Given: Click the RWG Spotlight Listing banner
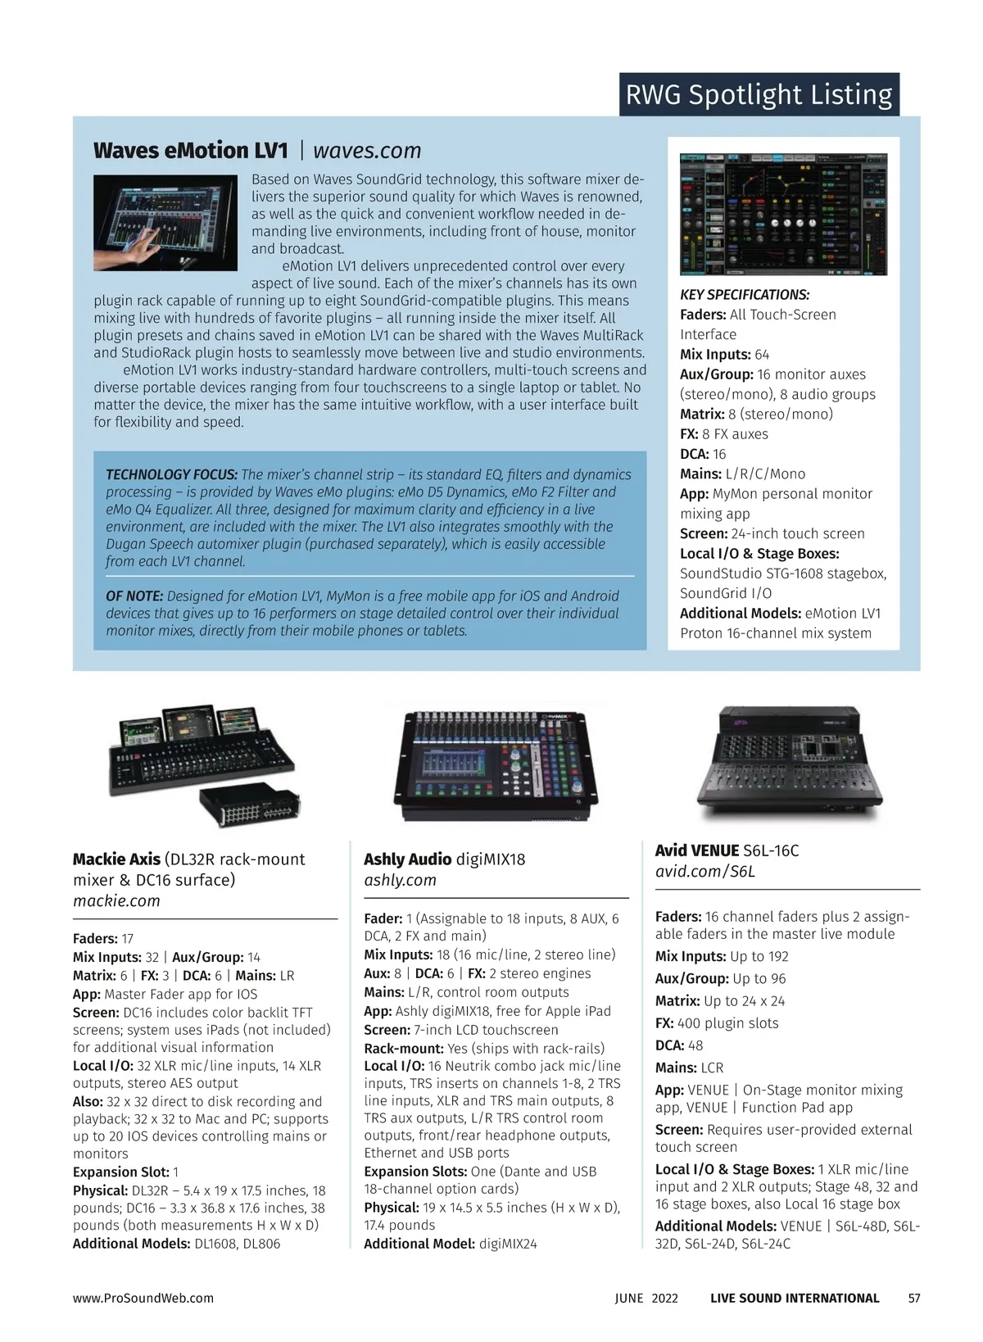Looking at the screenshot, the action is coord(759,95).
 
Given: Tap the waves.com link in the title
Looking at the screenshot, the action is coord(367,151).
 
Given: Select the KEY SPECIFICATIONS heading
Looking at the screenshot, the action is coord(745,295).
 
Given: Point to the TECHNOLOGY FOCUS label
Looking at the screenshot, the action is coord(171,474).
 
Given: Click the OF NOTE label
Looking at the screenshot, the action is coord(134,596).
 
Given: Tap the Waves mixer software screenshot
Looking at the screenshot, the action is coord(783,214).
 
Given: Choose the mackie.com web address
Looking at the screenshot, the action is coord(117,900).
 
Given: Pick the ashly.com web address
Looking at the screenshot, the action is coord(400,880).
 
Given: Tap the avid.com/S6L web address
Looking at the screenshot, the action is coord(705,871).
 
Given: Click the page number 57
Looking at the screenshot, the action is coord(914,1299).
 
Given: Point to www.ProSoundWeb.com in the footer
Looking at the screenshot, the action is coord(143,1299).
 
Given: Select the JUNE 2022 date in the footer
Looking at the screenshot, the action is coord(646,1299).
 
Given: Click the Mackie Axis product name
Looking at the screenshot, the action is coord(117,859).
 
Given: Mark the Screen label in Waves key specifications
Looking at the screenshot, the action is coord(704,534).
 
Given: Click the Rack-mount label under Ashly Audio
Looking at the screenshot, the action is coord(404,1049).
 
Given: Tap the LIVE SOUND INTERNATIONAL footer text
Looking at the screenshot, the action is coord(795,1299).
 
